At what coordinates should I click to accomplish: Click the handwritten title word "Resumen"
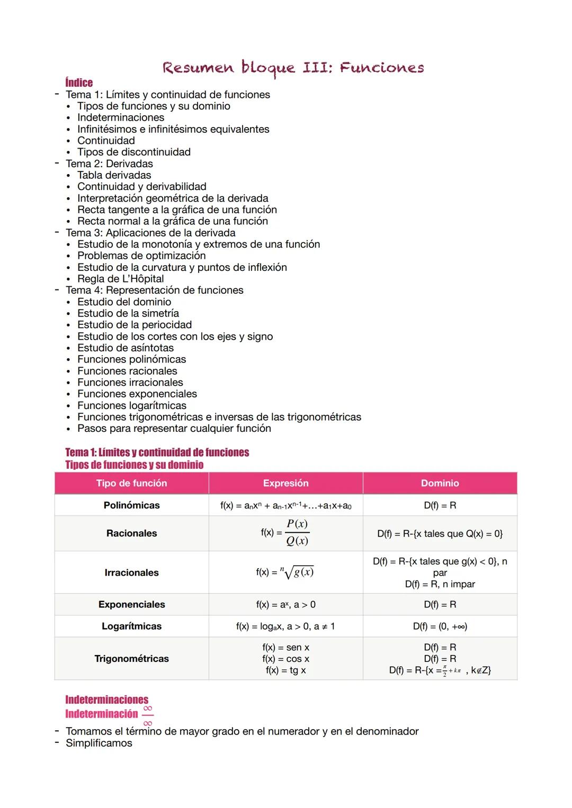coord(198,68)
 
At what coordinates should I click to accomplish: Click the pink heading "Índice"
coord(79,83)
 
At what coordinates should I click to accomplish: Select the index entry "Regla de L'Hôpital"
coord(120,279)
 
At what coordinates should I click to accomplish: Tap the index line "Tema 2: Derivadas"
coord(109,164)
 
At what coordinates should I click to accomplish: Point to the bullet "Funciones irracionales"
coord(130,383)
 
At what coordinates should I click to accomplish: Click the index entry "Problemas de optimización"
coord(141,256)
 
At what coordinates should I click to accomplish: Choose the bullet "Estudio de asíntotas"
coord(126,348)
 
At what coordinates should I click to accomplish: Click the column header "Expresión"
coord(285,483)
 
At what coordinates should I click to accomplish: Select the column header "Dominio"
coord(440,483)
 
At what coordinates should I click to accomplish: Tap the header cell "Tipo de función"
coord(131,483)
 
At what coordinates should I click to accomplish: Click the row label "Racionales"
coord(131,533)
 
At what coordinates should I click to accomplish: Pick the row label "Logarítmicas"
coord(131,626)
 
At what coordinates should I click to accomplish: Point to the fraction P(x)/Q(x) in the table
coord(297,532)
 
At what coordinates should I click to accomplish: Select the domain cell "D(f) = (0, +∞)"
coord(440,627)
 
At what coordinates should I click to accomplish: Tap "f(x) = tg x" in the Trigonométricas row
coord(285,670)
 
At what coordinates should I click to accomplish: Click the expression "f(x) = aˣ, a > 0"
coord(285,604)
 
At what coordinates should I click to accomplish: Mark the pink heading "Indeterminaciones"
coord(106,700)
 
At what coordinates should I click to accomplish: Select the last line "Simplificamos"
coord(99,743)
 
